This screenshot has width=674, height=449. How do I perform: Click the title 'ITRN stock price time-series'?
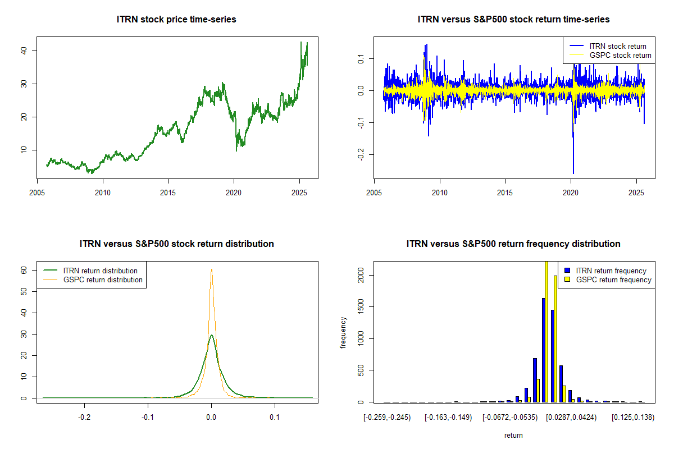click(x=176, y=20)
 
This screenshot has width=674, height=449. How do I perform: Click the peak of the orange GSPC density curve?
click(x=211, y=269)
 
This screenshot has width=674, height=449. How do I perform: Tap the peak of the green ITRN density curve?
click(x=211, y=335)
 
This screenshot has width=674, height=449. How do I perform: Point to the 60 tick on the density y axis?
click(x=24, y=269)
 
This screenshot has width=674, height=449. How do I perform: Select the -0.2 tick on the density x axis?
click(x=84, y=418)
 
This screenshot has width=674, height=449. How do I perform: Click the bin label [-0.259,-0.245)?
click(x=387, y=418)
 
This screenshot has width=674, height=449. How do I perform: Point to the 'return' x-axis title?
click(x=513, y=435)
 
